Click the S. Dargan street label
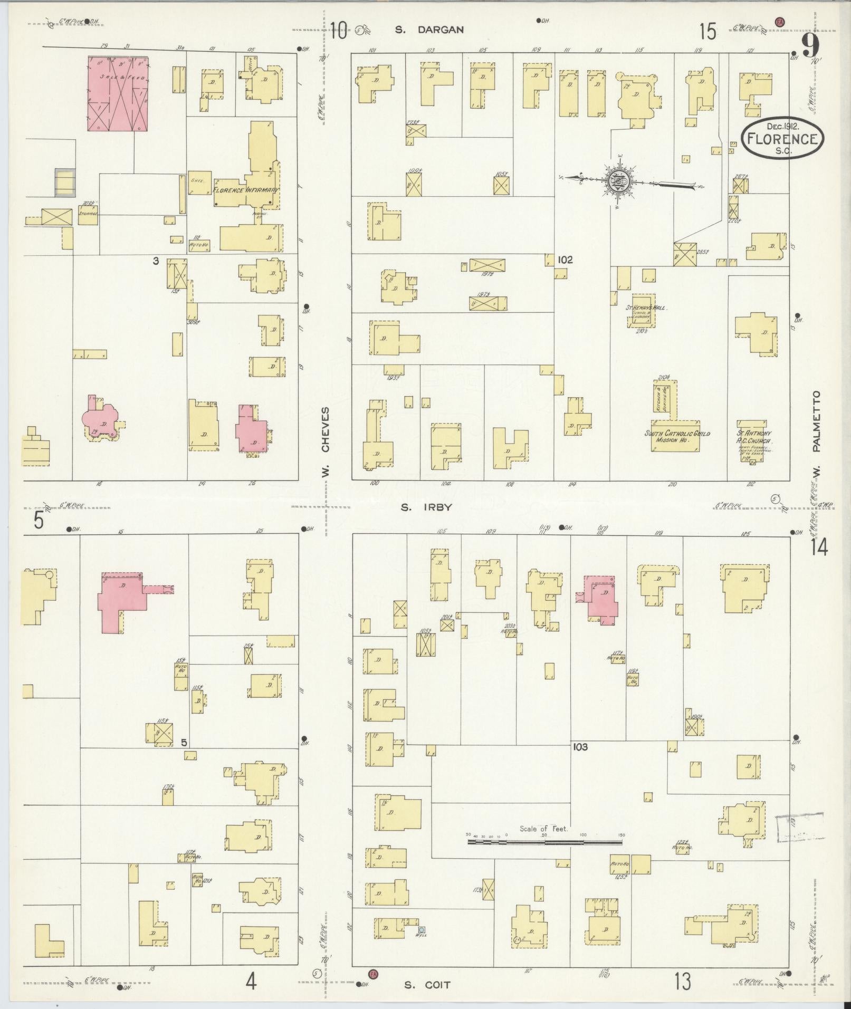pyautogui.click(x=429, y=30)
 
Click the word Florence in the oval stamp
pyautogui.click(x=782, y=139)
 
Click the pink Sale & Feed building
pyautogui.click(x=118, y=93)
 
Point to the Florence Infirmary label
pyautogui.click(x=246, y=189)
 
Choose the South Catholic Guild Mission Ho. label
pyautogui.click(x=676, y=437)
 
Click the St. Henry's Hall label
pyautogui.click(x=645, y=307)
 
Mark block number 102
pyautogui.click(x=565, y=260)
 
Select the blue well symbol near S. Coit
pyautogui.click(x=421, y=929)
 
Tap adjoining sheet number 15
pyautogui.click(x=707, y=33)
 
